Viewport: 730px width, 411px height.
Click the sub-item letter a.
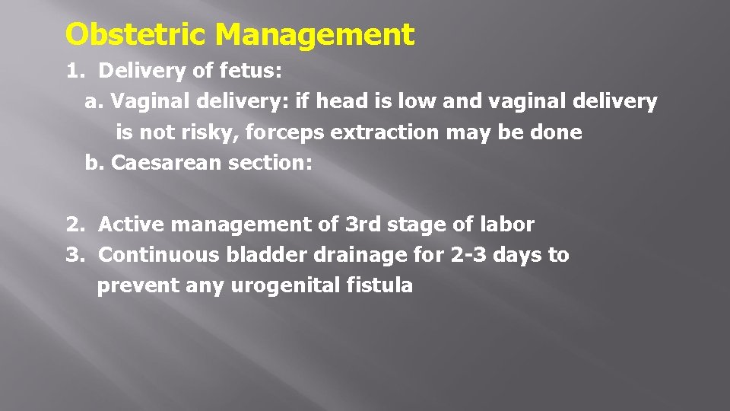pos(93,102)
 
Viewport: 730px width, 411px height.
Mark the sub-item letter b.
pos(93,163)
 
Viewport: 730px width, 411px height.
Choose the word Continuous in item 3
pos(160,255)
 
